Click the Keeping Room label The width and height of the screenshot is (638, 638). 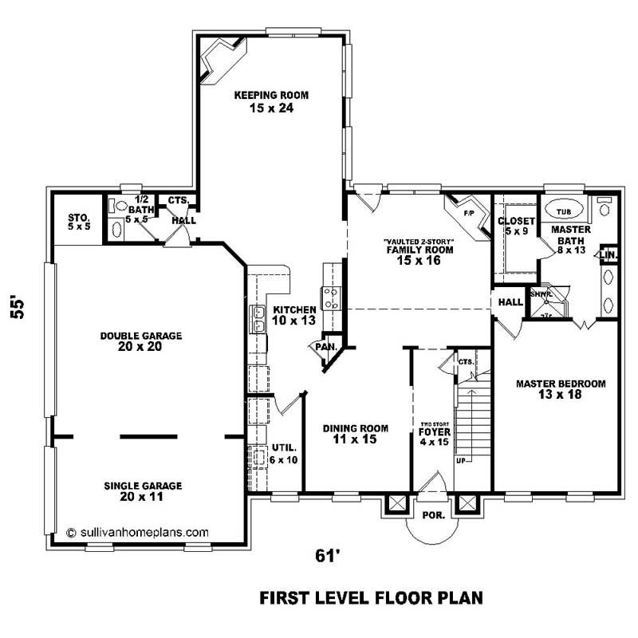[271, 101]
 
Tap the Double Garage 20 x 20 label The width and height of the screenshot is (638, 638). [141, 341]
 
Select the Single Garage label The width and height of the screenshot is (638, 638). [143, 490]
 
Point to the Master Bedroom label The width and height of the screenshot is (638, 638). [561, 389]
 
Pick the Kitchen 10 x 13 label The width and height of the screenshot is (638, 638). [294, 315]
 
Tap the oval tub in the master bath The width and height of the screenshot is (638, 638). [564, 211]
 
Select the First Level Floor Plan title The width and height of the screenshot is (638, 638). [371, 597]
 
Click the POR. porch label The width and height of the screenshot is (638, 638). [433, 515]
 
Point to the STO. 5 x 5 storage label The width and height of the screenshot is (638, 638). [79, 221]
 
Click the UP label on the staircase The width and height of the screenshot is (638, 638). [460, 461]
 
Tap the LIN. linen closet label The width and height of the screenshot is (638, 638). [608, 255]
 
